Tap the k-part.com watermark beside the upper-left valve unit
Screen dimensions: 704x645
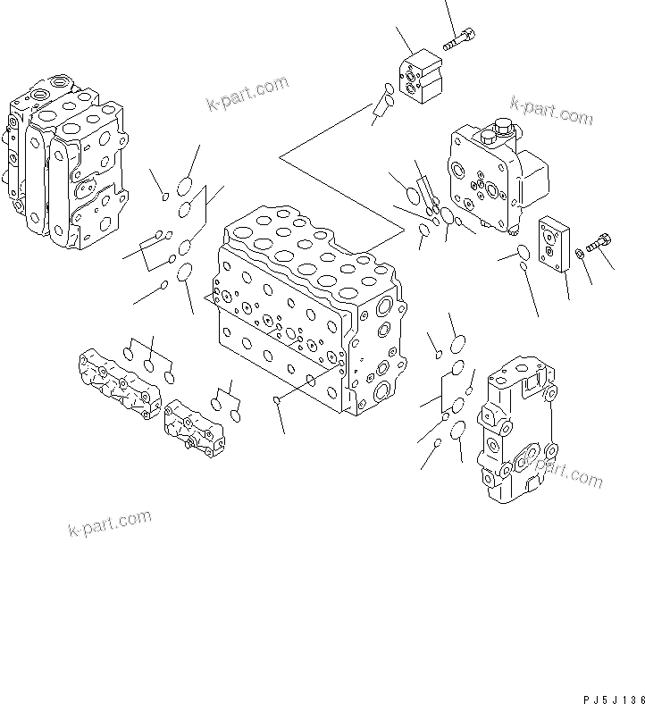point(247,92)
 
